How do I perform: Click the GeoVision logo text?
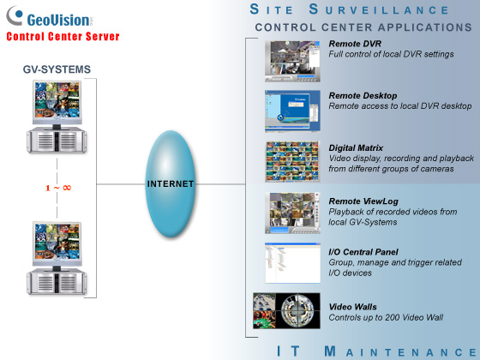[x=58, y=21]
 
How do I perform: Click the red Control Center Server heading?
[x=63, y=36]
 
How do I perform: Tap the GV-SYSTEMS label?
[x=57, y=69]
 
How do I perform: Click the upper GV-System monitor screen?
[x=57, y=99]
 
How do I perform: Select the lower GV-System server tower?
[x=57, y=281]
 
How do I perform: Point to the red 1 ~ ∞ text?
[x=58, y=188]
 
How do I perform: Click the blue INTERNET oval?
[x=171, y=183]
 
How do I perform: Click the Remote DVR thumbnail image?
[x=292, y=61]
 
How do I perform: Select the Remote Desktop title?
[x=363, y=96]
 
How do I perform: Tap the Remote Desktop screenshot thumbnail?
[x=292, y=111]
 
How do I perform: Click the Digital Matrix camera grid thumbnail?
[x=292, y=161]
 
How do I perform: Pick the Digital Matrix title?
[x=356, y=148]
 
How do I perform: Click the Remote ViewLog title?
[x=363, y=201]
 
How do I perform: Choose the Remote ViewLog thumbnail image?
[x=292, y=213]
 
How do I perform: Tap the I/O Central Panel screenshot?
[x=292, y=263]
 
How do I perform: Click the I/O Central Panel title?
[x=363, y=252]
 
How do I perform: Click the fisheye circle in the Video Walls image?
[x=297, y=310]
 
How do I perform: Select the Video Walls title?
[x=352, y=307]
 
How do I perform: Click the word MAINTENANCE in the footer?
[x=399, y=351]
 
